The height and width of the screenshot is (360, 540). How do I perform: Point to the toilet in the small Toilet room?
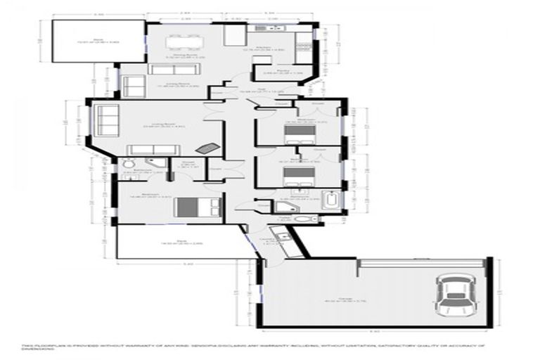tap(302, 219)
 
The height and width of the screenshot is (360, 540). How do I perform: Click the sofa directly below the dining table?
tap(167, 69)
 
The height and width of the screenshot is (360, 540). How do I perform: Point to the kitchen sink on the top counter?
tap(269, 30)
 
